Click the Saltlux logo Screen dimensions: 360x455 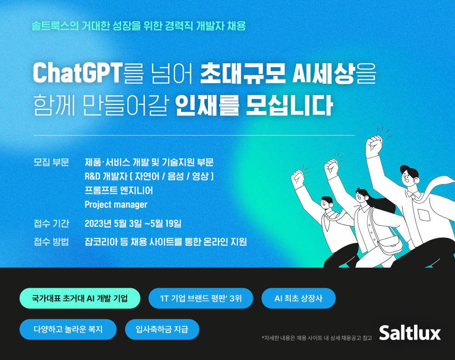(410, 332)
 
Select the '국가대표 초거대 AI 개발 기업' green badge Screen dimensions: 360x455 (80, 299)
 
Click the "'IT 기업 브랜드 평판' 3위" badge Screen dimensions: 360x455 (201, 299)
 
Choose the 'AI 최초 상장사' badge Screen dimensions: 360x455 (298, 299)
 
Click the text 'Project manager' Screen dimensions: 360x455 (116, 205)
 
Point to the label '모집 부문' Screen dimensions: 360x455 (51, 162)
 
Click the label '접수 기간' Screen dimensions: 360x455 (51, 223)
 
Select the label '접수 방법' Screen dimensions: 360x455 (51, 241)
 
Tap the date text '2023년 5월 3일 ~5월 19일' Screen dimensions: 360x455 (133, 223)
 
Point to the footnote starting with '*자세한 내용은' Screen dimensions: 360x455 (317, 338)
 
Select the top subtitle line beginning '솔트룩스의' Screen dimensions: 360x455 (139, 26)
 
